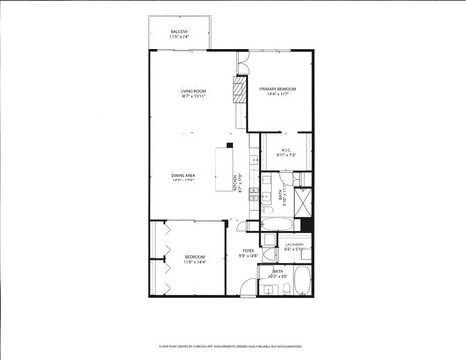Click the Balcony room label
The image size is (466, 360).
click(x=180, y=34)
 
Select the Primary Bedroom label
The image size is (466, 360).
click(x=278, y=91)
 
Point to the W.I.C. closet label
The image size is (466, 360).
click(x=286, y=152)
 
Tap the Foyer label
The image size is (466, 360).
click(x=249, y=253)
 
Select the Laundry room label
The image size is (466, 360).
click(x=295, y=246)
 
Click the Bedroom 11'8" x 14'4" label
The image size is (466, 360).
click(x=195, y=259)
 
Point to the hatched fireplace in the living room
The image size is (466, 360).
click(x=236, y=91)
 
